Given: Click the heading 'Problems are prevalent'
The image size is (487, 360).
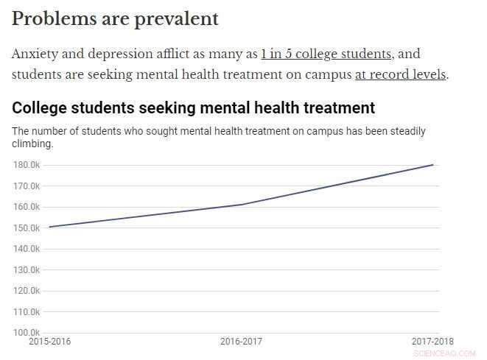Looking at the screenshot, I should (x=115, y=19).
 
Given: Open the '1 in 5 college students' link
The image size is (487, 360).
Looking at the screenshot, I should (x=326, y=54).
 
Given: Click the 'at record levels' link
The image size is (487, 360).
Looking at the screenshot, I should (x=400, y=74).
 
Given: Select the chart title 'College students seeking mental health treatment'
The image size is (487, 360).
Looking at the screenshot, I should (x=193, y=108).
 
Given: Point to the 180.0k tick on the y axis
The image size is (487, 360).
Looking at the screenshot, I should (x=27, y=165).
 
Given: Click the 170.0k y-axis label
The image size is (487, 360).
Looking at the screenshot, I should (x=27, y=186).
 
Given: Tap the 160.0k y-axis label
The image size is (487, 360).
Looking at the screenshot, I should (x=27, y=207).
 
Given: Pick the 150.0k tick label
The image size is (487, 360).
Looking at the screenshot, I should (x=27, y=228).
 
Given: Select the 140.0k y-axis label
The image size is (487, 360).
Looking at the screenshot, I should (x=27, y=249).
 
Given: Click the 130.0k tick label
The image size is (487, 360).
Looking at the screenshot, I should (x=27, y=270).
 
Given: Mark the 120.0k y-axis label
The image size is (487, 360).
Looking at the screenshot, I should (x=27, y=291).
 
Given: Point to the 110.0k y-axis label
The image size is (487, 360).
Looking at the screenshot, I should (x=27, y=312).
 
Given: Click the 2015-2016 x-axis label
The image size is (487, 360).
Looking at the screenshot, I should (x=50, y=342).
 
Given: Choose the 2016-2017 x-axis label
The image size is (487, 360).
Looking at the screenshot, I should (x=241, y=342).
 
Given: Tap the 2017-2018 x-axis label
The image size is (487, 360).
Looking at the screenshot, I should (x=432, y=342).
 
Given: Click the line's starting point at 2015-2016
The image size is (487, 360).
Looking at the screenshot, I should (x=49, y=227).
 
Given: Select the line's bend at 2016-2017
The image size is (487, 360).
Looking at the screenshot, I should (x=242, y=205).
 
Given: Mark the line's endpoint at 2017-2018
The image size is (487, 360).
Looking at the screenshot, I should (x=433, y=165).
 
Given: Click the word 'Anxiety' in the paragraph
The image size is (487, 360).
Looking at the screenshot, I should (x=34, y=54).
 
